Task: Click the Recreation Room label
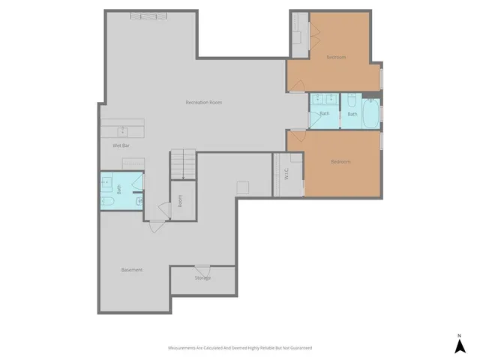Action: [x=204, y=102]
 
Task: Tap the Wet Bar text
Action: [x=121, y=145]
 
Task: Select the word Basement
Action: [x=132, y=269]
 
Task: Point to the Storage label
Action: [x=203, y=277]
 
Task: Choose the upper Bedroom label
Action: [x=336, y=57]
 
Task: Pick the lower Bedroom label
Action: [x=341, y=161]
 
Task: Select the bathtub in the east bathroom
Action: [x=370, y=115]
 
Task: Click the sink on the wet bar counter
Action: [x=122, y=128]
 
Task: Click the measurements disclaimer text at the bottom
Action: [x=239, y=348]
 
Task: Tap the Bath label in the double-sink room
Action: [x=325, y=114]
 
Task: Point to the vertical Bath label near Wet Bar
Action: [x=118, y=190]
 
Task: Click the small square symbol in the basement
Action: [x=243, y=187]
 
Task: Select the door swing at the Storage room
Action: [x=202, y=271]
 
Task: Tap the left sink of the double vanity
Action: [x=318, y=97]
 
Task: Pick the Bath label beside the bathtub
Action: [x=352, y=114]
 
